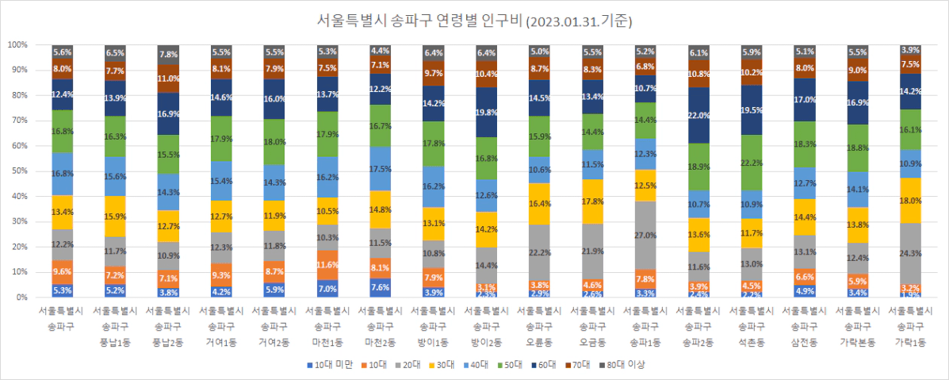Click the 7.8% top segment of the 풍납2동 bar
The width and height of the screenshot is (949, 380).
[169, 55]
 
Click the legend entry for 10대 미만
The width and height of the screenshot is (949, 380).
[327, 364]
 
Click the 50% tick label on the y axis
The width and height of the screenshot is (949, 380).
[19, 171]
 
